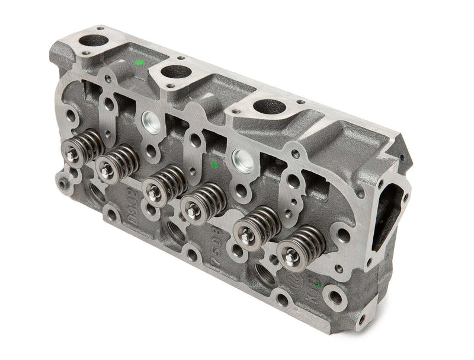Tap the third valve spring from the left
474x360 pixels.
pyautogui.click(x=163, y=179)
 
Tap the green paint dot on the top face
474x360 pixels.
pyautogui.click(x=139, y=60)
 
